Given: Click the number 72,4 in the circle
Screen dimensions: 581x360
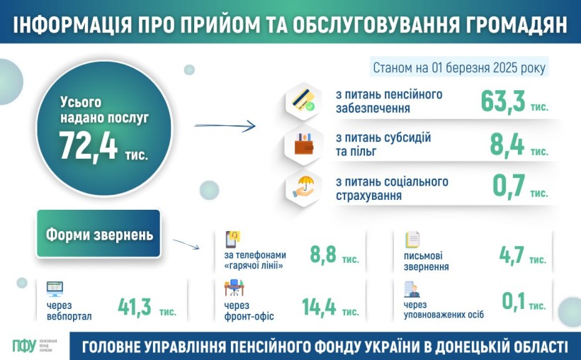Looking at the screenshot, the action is point(88,147).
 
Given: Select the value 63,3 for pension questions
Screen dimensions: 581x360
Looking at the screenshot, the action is point(503,101).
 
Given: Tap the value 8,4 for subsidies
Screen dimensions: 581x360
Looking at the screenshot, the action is point(507,145).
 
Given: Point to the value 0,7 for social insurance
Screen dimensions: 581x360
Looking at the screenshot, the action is point(509,186).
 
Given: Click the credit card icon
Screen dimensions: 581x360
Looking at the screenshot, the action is point(303,101).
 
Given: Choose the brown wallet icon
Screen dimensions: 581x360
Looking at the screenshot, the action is point(304,145).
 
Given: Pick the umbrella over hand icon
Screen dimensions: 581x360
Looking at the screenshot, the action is point(303,187).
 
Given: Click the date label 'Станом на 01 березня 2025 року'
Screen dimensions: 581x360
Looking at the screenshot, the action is point(459,68).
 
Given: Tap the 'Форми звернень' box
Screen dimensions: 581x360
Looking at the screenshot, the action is point(98,234).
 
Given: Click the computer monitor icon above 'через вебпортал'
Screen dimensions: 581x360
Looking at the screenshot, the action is point(55,289).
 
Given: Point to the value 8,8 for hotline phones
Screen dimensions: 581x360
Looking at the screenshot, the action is point(323,254).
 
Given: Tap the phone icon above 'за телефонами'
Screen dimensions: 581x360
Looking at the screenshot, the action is point(232,240).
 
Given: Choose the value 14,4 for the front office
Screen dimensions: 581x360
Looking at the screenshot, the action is point(319,308).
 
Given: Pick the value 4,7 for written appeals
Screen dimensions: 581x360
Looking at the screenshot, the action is point(512,255).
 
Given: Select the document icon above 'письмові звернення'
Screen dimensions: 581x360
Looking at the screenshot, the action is point(412,240).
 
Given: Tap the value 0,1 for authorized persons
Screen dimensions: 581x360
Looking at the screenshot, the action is point(514,301).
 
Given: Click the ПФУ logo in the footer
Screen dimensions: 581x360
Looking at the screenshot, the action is point(24,346).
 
